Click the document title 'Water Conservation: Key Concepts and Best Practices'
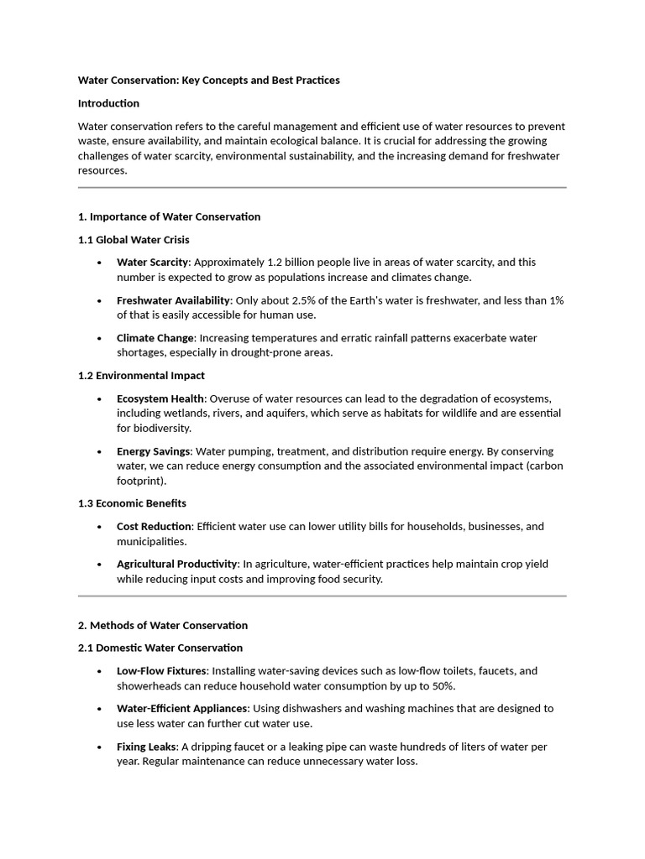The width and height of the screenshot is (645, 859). click(208, 81)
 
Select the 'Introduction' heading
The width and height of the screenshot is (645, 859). click(108, 103)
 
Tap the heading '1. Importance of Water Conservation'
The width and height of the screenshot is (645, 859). click(169, 216)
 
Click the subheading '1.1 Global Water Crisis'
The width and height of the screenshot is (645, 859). click(134, 240)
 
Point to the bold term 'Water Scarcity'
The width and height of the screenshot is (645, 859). click(152, 263)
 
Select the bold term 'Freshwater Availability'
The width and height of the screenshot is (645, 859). click(173, 300)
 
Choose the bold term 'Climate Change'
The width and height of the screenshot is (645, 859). click(155, 338)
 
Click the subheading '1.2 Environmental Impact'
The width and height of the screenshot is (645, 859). click(141, 376)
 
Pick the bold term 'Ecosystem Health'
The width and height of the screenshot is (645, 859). click(160, 398)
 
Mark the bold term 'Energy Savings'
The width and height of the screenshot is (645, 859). click(154, 451)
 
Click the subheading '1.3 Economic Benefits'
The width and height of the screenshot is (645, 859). click(132, 503)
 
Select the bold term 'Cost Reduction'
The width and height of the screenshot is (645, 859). click(154, 527)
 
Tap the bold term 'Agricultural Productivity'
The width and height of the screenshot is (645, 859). click(177, 565)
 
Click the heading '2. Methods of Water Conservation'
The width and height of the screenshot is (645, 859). click(163, 625)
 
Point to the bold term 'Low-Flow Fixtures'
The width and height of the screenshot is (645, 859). click(161, 671)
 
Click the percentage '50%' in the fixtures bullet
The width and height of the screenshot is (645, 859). click(443, 686)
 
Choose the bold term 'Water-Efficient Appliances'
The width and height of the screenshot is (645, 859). click(182, 709)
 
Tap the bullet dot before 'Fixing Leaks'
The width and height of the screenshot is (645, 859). click(99, 747)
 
